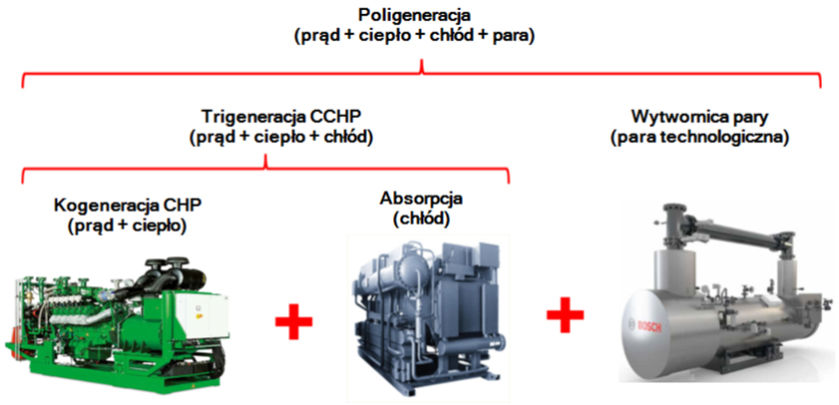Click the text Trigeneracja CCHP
[264, 118]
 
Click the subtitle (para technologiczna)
[699, 137]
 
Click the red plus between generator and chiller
[293, 324]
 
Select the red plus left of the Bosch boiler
[565, 316]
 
